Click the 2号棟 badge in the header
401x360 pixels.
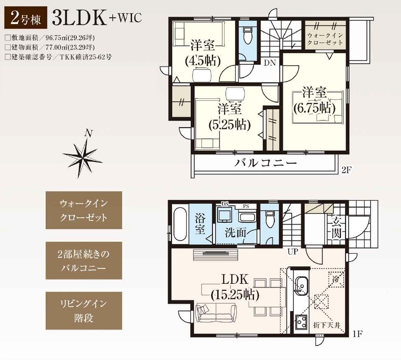pos(26,18)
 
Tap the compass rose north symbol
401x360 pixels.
pos(83,154)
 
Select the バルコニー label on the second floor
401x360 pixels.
pos(266,163)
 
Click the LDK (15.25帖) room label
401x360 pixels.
pos(235,287)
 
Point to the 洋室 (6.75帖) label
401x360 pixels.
pos(314,100)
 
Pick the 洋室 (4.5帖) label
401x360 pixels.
pos(202,53)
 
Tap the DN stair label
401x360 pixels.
pos(270,63)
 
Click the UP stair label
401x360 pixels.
pos(293,252)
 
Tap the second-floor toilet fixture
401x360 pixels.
pos(247,36)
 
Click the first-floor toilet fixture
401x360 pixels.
pos(269,219)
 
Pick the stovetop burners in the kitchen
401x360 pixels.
pos(302,323)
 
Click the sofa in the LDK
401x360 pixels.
pos(216,313)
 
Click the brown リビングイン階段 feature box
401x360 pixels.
pos(84,311)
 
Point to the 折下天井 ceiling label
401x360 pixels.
pos(327,325)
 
